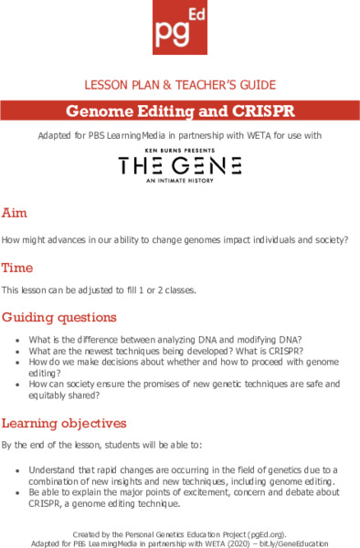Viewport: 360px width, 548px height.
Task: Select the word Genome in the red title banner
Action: [99, 112]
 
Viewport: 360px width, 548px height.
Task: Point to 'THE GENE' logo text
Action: [179, 165]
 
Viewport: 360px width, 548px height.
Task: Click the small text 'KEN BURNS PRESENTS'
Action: [179, 150]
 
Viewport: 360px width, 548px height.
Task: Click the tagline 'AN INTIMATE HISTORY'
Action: [179, 181]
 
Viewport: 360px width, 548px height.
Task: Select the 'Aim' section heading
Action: [15, 213]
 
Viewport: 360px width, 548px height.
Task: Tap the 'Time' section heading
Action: [17, 268]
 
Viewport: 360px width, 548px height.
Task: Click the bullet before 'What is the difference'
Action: [19, 340]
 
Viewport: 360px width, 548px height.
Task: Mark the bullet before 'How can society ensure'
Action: [19, 385]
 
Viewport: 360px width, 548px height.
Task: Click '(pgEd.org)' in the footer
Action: [267, 530]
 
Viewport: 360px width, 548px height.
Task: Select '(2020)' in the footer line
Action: [233, 541]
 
